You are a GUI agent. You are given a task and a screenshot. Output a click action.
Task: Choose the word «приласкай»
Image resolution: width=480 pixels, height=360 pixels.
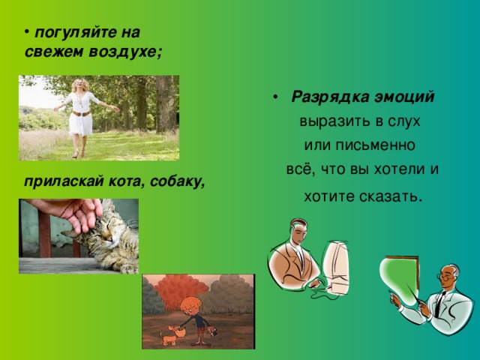pos(64,182)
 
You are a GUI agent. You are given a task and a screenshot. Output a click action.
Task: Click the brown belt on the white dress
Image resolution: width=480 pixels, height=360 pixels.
pos(81,114)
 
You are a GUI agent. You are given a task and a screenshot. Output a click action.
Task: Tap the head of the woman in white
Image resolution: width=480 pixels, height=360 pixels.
pos(80,85)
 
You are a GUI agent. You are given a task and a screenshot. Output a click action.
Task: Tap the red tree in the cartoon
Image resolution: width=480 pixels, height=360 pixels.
pos(181,291)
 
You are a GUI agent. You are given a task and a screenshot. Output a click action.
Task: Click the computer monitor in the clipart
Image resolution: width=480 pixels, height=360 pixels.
pos(335,268)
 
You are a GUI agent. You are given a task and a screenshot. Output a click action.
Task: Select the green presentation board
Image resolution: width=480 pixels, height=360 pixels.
pos(400,280)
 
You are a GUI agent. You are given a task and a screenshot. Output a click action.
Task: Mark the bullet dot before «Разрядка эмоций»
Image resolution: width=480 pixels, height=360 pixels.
pos(275,97)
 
